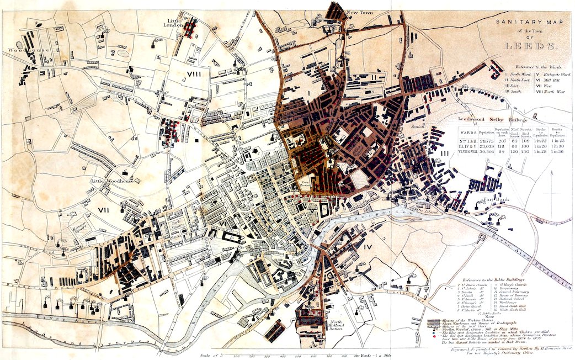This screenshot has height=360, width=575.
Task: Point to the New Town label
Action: tap(356, 12)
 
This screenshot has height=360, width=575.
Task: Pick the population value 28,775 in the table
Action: tap(486, 142)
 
